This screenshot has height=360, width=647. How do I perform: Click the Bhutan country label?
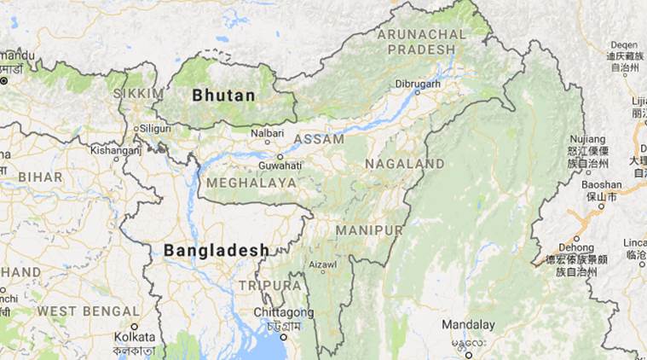[x=223, y=96]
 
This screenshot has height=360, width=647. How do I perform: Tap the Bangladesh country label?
[x=217, y=250]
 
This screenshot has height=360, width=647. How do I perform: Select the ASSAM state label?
[x=319, y=138]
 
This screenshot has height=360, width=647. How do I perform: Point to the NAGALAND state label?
[x=404, y=163]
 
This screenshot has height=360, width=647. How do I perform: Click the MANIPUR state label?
[x=369, y=231]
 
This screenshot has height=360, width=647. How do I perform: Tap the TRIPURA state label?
[x=270, y=285]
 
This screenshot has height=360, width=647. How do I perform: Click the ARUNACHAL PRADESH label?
[x=422, y=42]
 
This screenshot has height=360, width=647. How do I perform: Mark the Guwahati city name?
[x=280, y=165]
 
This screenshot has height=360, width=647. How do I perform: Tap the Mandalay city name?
[x=469, y=325]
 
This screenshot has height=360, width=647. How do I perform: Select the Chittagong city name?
[x=280, y=313]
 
